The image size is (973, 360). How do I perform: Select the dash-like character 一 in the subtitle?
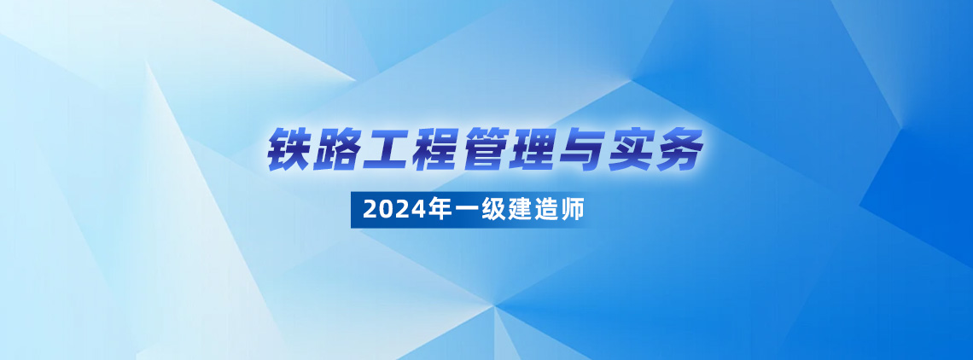click(453, 211)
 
